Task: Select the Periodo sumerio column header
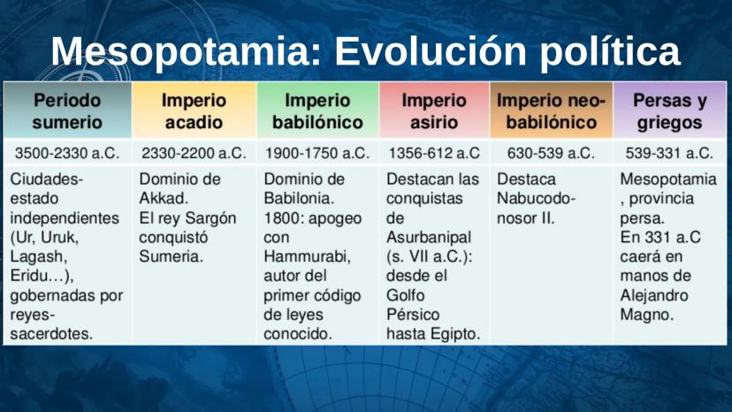(x=67, y=111)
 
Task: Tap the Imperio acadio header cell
(x=194, y=111)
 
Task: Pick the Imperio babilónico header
(x=318, y=111)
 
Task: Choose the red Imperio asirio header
(x=434, y=111)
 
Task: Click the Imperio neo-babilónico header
(x=552, y=111)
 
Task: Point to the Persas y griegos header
(x=670, y=111)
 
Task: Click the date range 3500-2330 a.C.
(x=67, y=153)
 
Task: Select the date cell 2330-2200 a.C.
(x=194, y=153)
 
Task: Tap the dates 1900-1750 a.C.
(x=317, y=153)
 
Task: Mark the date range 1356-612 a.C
(x=434, y=153)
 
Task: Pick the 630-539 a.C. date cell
(x=551, y=153)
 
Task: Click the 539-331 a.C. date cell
(x=669, y=153)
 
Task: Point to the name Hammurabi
(x=307, y=257)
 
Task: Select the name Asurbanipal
(x=429, y=238)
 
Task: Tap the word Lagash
(x=39, y=257)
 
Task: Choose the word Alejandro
(x=654, y=295)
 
